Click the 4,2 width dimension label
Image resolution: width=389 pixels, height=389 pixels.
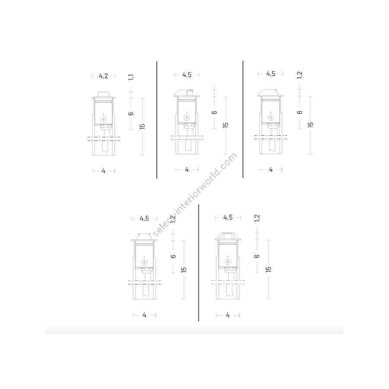103,76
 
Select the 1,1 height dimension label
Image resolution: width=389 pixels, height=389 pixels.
131,77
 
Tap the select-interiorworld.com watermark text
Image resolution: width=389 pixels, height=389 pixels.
194,194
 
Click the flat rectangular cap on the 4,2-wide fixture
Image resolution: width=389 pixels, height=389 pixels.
103,94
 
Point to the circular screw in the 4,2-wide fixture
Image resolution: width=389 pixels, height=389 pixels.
103,119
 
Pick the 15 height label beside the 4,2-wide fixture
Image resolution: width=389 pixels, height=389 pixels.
142,126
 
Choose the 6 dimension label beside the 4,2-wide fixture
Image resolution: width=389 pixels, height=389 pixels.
131,114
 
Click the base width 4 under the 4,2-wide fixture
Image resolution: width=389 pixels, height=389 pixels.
103,171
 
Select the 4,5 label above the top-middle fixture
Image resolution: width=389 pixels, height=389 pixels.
187,75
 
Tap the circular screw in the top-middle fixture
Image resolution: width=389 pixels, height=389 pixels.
187,118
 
